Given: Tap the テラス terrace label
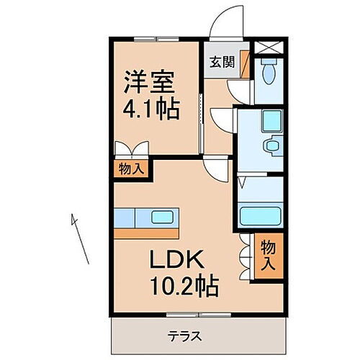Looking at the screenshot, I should click(185, 336).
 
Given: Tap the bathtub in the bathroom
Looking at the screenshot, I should click(260, 216).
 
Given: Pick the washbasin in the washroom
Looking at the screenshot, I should click(273, 146).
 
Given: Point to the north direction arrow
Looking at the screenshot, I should click(80, 238).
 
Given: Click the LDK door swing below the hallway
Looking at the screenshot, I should click(217, 171).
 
